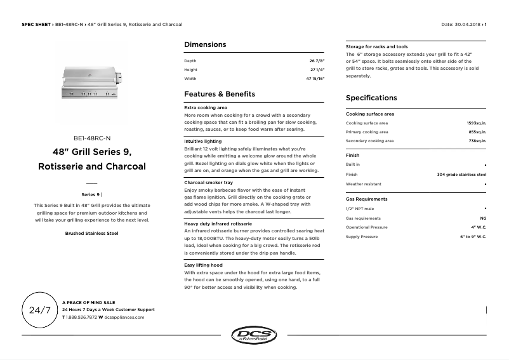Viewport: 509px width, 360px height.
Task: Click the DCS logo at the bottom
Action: pyautogui.click(x=254, y=335)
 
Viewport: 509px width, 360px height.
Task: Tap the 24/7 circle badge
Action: pyautogui.click(x=40, y=310)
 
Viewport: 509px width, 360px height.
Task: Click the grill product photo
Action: pyautogui.click(x=92, y=83)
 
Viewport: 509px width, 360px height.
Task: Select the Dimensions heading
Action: pyautogui.click(x=204, y=44)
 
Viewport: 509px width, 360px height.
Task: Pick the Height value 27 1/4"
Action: pyautogui.click(x=317, y=70)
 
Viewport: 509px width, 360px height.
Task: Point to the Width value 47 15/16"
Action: pyautogui.click(x=315, y=79)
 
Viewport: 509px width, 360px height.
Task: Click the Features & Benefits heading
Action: pyautogui.click(x=219, y=94)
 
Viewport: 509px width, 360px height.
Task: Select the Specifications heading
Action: pyautogui.click(x=371, y=98)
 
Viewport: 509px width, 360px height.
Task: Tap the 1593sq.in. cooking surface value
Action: pyautogui.click(x=476, y=123)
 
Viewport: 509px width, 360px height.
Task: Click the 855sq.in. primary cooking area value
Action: pyautogui.click(x=477, y=132)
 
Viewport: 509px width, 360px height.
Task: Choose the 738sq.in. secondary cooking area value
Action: pyautogui.click(x=477, y=141)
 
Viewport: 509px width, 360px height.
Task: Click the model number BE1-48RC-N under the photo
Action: pyautogui.click(x=92, y=138)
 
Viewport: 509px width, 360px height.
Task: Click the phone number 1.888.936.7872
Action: pyautogui.click(x=81, y=317)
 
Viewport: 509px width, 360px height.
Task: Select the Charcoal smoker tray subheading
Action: pyautogui.click(x=208, y=182)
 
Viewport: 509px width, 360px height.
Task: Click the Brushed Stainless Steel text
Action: pyautogui.click(x=92, y=233)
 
